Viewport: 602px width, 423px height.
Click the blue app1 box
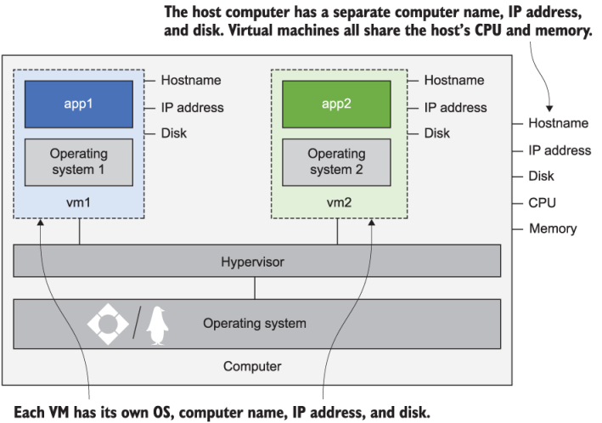click(78, 104)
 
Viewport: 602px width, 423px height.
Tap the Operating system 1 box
click(78, 161)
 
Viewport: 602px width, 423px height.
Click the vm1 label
click(78, 204)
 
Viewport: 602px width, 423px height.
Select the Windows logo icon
click(108, 324)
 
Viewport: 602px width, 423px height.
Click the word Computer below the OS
click(252, 367)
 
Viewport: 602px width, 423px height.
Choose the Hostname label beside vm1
click(191, 81)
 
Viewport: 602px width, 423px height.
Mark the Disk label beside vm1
click(174, 133)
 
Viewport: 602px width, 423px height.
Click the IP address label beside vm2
click(455, 108)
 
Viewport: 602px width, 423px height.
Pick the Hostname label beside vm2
click(453, 81)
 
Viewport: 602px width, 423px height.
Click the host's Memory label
click(552, 228)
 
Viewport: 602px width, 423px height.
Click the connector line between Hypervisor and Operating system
click(256, 289)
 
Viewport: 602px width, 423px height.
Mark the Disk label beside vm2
click(436, 133)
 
